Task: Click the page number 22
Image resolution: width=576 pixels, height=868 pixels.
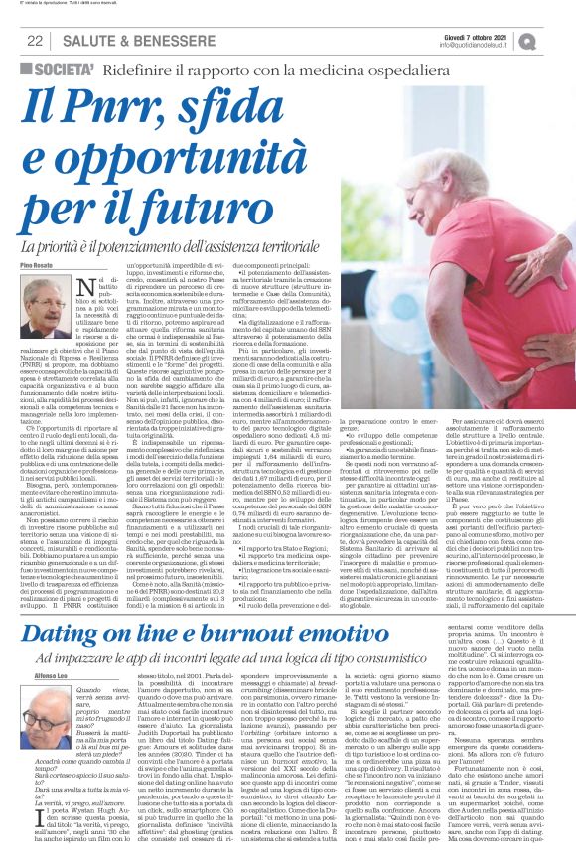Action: pyautogui.click(x=34, y=41)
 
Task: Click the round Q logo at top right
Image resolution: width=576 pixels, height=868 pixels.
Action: pyautogui.click(x=553, y=41)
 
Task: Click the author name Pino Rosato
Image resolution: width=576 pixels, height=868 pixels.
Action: pyautogui.click(x=37, y=267)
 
